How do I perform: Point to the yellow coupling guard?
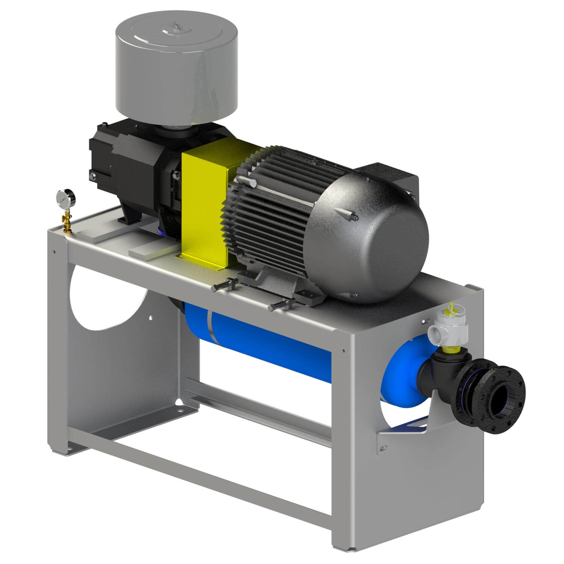[x=205, y=203]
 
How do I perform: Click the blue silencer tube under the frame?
[x=263, y=338]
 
